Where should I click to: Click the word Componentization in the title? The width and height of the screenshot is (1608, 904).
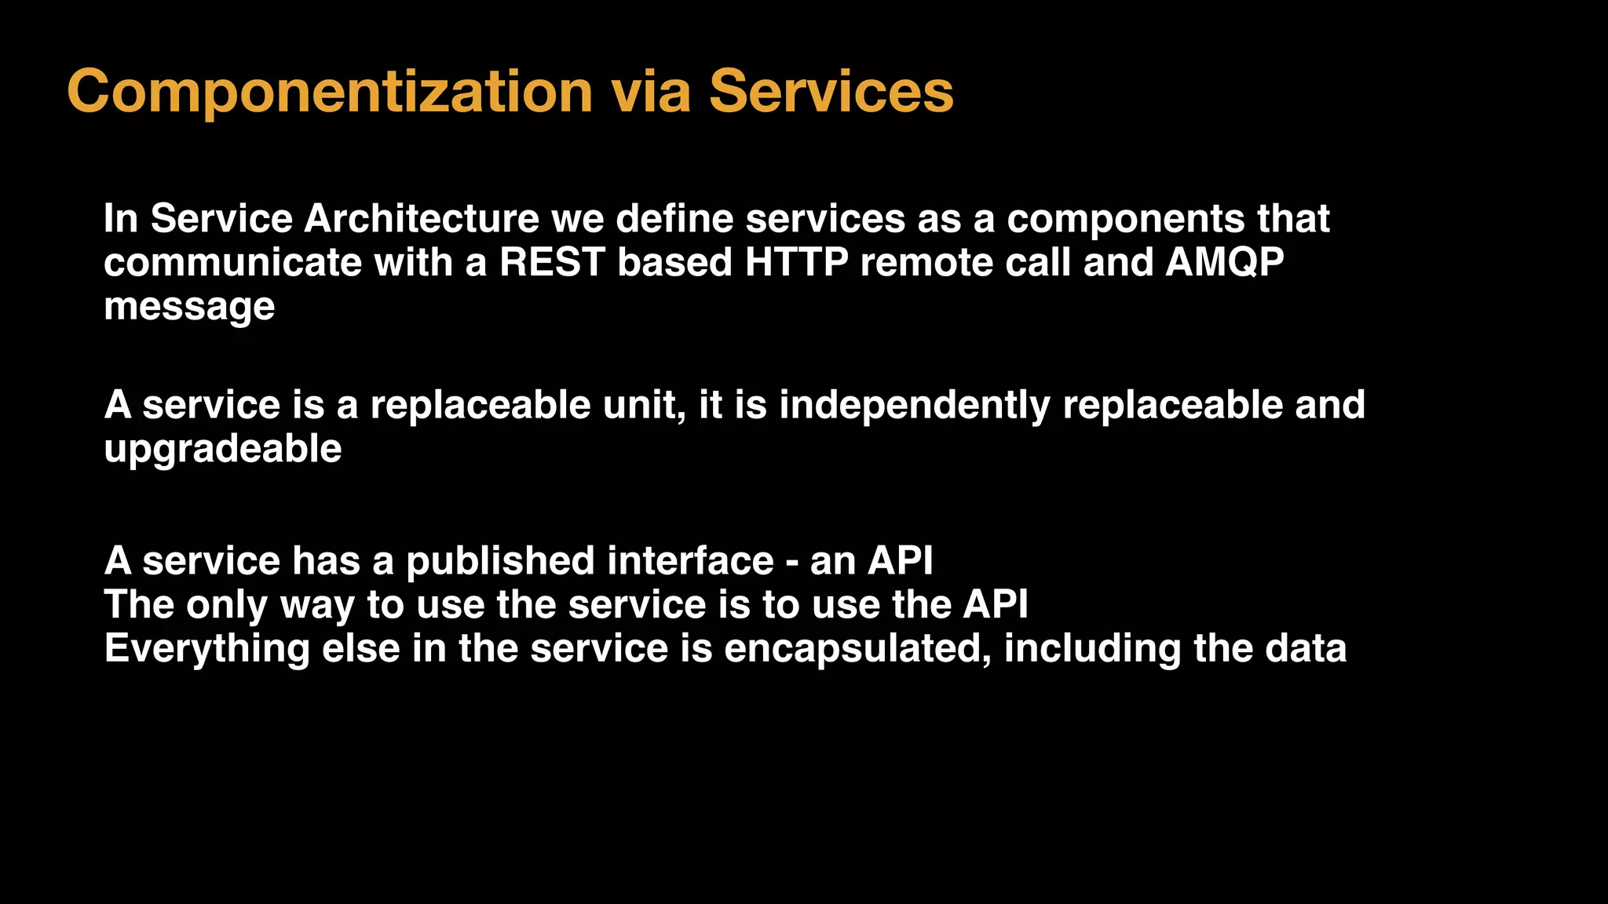(330, 92)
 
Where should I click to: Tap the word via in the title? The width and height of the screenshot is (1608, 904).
(651, 92)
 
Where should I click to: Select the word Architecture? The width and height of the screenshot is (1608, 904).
(421, 218)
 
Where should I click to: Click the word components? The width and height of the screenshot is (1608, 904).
(1125, 218)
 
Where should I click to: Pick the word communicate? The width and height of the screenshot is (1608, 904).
(232, 262)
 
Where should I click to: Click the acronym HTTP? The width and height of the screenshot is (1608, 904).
(796, 262)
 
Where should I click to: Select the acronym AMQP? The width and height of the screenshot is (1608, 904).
(1225, 262)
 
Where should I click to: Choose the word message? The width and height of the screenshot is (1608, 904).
(189, 306)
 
